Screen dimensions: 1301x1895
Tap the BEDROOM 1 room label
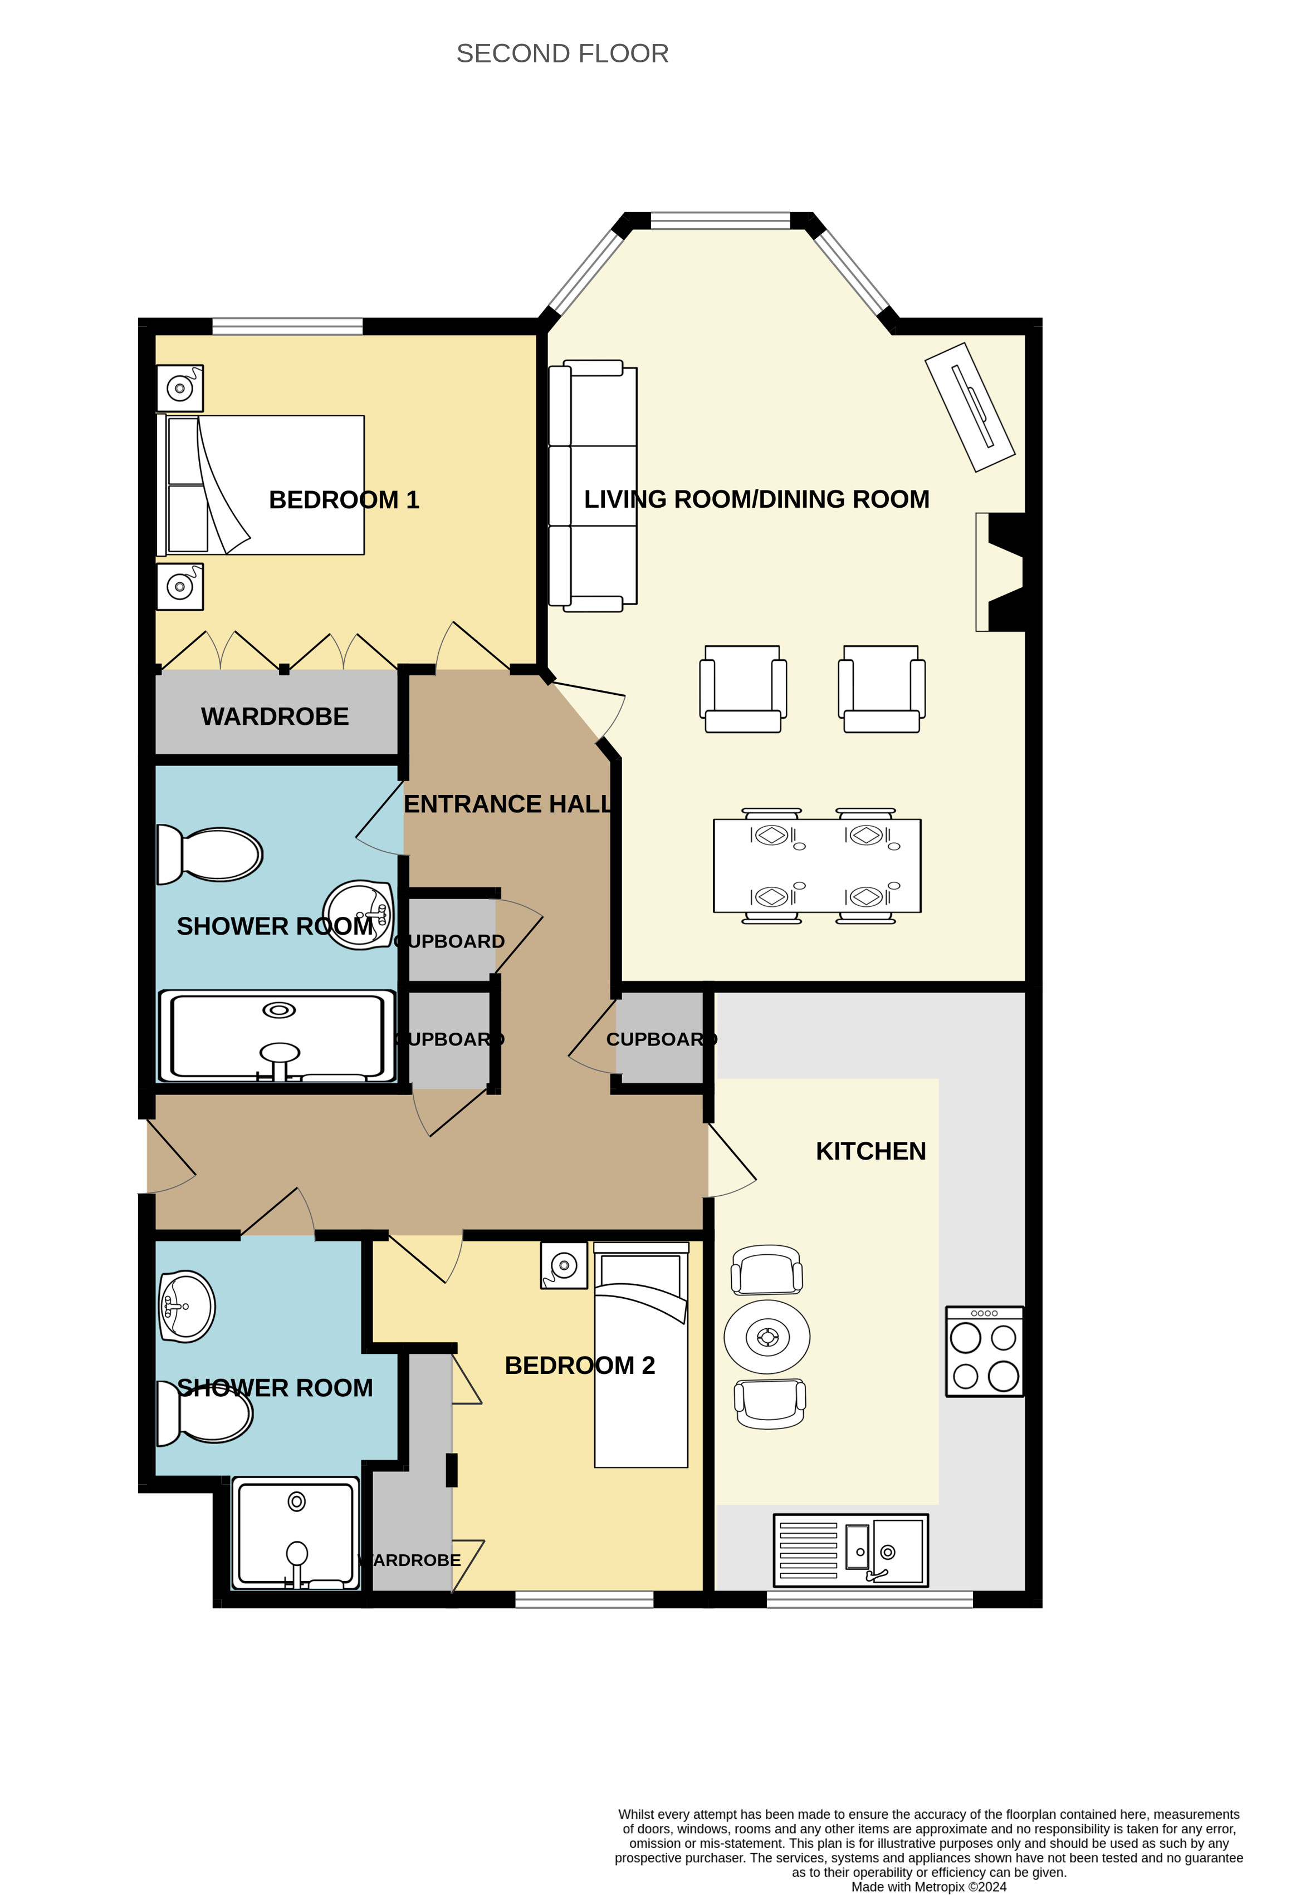344,500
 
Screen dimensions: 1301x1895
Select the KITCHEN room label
870,1151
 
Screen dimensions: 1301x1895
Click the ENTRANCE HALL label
507,804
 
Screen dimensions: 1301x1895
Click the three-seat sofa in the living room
592,486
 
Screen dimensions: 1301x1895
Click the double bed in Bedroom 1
261,485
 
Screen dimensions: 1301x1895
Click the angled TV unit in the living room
970,407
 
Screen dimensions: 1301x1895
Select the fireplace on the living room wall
1000,572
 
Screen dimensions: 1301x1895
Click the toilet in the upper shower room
209,854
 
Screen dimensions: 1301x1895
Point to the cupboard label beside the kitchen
662,1040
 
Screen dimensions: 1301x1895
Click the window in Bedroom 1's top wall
287,326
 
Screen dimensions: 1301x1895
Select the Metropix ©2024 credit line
928,1887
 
